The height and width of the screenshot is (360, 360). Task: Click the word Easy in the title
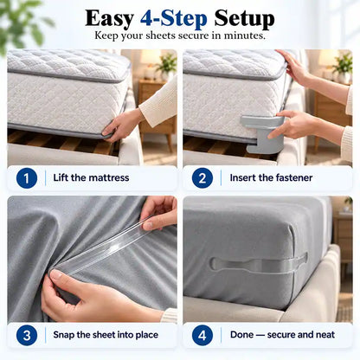[x=109, y=18]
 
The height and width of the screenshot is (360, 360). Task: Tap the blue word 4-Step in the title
[x=174, y=18]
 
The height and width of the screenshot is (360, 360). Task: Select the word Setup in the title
[x=244, y=19]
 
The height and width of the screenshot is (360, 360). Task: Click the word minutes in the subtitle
[x=244, y=35]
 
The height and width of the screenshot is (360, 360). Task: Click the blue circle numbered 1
[x=27, y=178]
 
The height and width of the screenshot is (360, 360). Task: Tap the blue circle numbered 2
[x=202, y=178]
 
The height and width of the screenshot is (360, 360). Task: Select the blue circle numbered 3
[x=27, y=335]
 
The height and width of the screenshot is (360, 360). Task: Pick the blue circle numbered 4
[x=202, y=335]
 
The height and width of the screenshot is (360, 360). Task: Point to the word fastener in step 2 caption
[x=292, y=177]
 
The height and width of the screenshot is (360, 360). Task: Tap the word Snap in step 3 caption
[x=63, y=335]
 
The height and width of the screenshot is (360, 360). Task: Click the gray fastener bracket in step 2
[x=262, y=133]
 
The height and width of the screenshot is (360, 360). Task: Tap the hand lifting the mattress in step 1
[x=122, y=125]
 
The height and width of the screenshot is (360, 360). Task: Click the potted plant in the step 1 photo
[x=167, y=67]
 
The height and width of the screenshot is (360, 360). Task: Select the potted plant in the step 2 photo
[x=343, y=67]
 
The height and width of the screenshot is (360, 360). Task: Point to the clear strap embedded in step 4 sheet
[x=258, y=265]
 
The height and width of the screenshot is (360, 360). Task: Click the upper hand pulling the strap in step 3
[x=159, y=212]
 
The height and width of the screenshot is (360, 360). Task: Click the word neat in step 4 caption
[x=325, y=335]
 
